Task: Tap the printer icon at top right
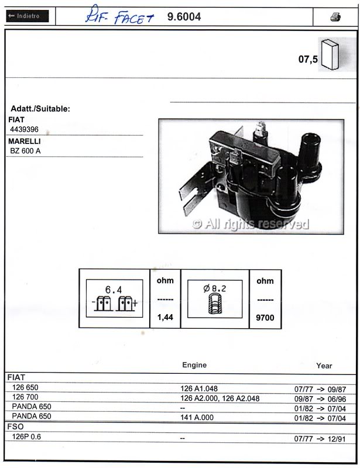(335, 17)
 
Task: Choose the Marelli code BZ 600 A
(25, 151)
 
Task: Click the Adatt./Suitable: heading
(40, 109)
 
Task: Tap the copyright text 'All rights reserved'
(251, 223)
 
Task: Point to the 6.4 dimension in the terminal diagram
(113, 290)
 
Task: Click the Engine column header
(194, 365)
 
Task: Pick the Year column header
(324, 366)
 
